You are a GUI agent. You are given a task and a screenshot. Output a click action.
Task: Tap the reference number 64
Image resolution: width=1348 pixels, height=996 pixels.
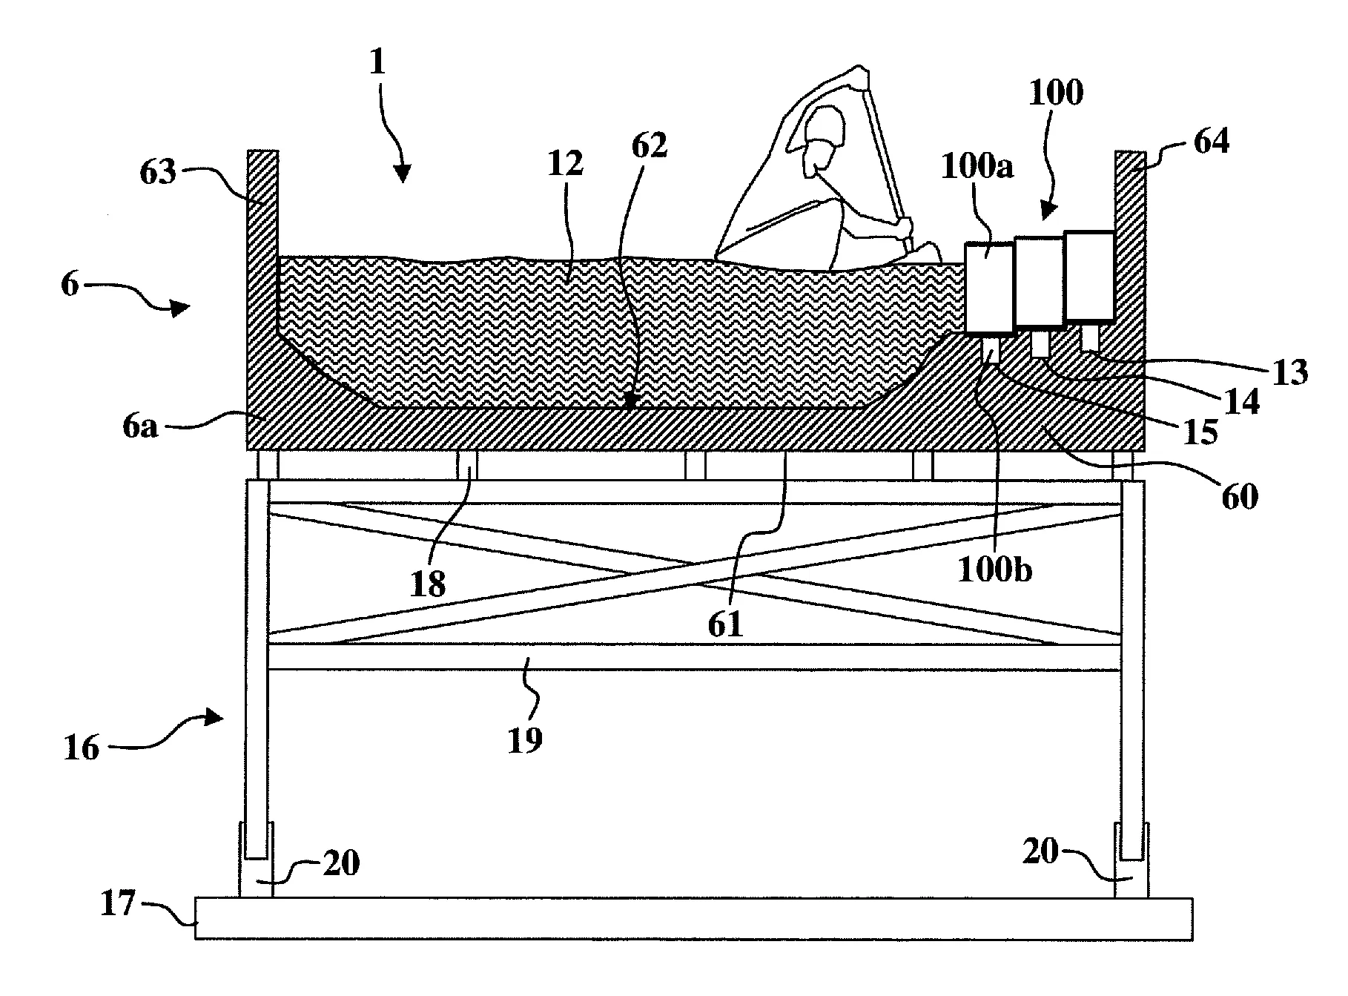point(1212,141)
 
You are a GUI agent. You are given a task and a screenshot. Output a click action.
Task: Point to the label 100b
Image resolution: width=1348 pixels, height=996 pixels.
point(995,570)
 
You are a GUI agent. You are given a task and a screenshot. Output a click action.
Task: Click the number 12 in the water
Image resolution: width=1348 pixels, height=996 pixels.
point(566,165)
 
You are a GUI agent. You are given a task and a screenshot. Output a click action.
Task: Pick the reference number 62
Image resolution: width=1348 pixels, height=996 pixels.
point(650,146)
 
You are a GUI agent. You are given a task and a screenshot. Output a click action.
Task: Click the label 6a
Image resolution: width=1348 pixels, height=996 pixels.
point(139,427)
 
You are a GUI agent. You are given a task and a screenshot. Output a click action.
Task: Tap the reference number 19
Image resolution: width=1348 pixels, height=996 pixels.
point(525,739)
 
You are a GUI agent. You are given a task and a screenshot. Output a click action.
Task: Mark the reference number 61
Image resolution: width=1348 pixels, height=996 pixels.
point(725,624)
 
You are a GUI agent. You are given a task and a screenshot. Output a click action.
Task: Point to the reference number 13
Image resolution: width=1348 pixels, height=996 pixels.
point(1290,372)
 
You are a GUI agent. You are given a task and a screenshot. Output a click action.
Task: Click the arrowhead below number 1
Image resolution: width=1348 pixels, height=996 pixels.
point(403,174)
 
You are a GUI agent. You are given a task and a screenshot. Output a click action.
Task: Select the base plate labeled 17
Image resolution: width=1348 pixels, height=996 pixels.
point(693,919)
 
